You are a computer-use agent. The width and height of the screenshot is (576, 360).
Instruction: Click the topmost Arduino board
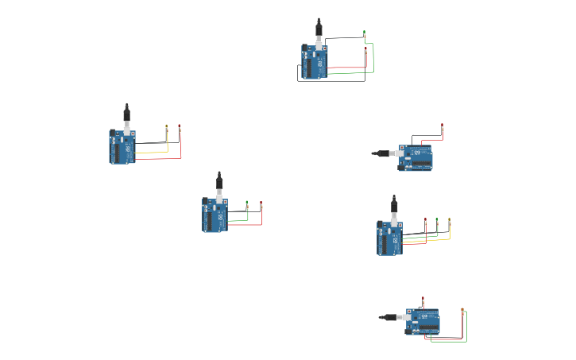tap(315, 62)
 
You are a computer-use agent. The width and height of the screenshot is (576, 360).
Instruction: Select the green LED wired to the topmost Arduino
tap(365, 35)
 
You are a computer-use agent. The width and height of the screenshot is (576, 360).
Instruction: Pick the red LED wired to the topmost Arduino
tap(366, 49)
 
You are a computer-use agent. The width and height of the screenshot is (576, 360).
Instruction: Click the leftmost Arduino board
tap(122, 147)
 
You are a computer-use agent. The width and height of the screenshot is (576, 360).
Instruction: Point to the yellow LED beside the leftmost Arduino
tap(167, 127)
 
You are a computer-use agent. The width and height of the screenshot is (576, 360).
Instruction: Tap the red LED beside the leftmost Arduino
tap(180, 127)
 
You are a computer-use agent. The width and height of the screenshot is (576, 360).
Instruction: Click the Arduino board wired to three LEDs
tap(390, 238)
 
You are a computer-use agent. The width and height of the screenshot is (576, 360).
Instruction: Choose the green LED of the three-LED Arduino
tap(437, 220)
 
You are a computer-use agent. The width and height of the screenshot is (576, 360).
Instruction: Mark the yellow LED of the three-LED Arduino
tap(449, 220)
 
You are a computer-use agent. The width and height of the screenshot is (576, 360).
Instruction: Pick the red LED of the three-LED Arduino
tap(426, 220)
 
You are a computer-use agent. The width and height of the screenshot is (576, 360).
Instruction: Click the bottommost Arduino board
tap(423, 321)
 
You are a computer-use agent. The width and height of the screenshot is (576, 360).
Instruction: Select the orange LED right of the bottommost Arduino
tap(462, 311)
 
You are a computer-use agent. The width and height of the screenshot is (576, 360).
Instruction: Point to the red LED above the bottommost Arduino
tap(423, 300)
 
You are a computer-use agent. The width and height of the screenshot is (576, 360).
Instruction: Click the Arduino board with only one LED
tap(416, 157)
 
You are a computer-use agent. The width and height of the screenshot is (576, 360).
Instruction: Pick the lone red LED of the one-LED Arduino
tap(443, 127)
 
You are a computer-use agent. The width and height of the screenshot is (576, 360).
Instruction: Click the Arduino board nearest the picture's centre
tap(215, 215)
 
